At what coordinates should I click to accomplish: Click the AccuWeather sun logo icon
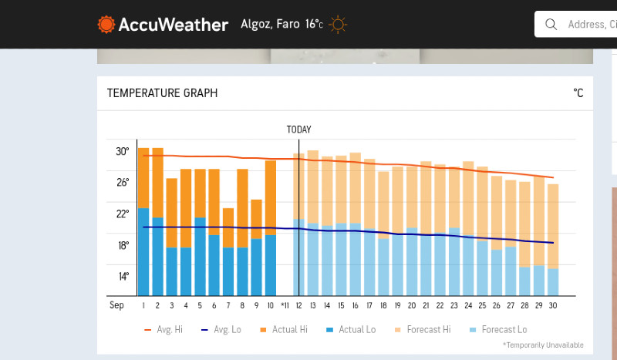pyautogui.click(x=106, y=25)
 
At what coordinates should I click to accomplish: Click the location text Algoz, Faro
pyautogui.click(x=270, y=24)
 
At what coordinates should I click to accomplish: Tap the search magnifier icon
pyautogui.click(x=551, y=25)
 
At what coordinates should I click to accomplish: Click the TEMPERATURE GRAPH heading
pyautogui.click(x=162, y=93)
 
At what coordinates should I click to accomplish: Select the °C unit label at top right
pyautogui.click(x=578, y=93)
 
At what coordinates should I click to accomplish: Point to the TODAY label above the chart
pyautogui.click(x=298, y=130)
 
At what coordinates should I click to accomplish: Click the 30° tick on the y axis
pyautogui.click(x=123, y=151)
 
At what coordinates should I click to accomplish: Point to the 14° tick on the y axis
pyautogui.click(x=123, y=277)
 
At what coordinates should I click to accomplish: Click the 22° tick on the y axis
pyautogui.click(x=123, y=214)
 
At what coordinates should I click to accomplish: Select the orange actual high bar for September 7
pyautogui.click(x=228, y=227)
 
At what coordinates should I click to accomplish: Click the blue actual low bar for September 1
pyautogui.click(x=143, y=251)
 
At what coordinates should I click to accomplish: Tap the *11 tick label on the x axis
pyautogui.click(x=285, y=306)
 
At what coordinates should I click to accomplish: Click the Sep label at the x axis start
pyautogui.click(x=116, y=305)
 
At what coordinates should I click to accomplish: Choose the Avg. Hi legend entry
pyautogui.click(x=164, y=330)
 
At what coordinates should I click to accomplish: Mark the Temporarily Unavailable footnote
pyautogui.click(x=543, y=345)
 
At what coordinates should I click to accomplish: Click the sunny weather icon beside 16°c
pyautogui.click(x=338, y=25)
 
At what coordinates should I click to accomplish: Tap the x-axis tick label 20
pyautogui.click(x=412, y=306)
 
